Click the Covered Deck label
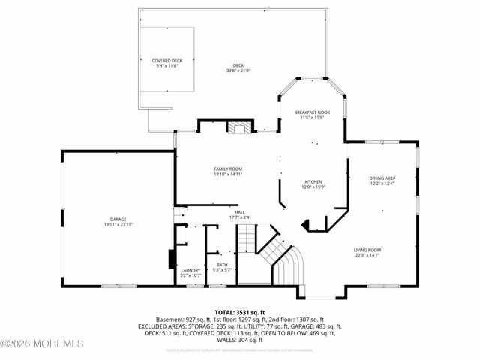pos(166,60)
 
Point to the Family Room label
pos(228,169)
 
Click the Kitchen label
pos(313,182)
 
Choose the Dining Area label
pos(382,178)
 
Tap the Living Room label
pos(368,250)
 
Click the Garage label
pos(118,220)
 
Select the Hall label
pos(240,212)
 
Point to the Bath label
pos(222,264)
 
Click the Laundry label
pos(190,270)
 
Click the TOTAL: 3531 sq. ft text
pos(240,312)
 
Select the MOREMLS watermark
pos(42,344)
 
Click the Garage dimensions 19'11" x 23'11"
pos(118,225)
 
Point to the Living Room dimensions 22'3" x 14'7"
pos(368,255)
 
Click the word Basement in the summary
pos(170,319)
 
